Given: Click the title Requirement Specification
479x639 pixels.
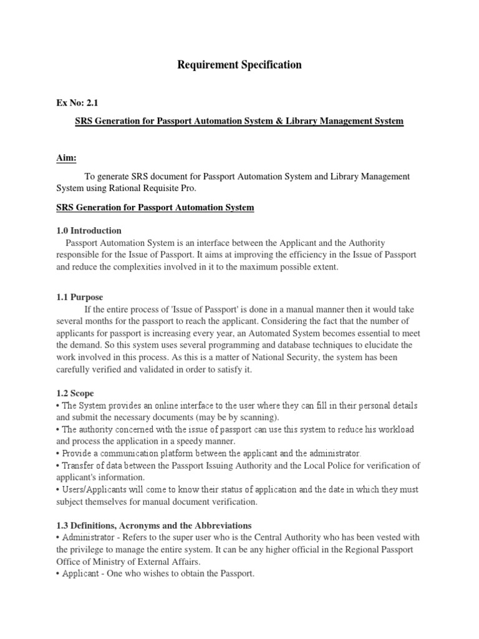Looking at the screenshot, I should tap(239, 65).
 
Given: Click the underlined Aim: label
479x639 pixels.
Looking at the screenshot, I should tap(66, 159).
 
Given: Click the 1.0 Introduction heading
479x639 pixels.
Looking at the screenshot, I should tap(89, 230).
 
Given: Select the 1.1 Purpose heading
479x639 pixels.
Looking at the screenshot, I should tap(80, 297).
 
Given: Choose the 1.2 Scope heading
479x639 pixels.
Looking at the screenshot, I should tap(76, 393).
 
